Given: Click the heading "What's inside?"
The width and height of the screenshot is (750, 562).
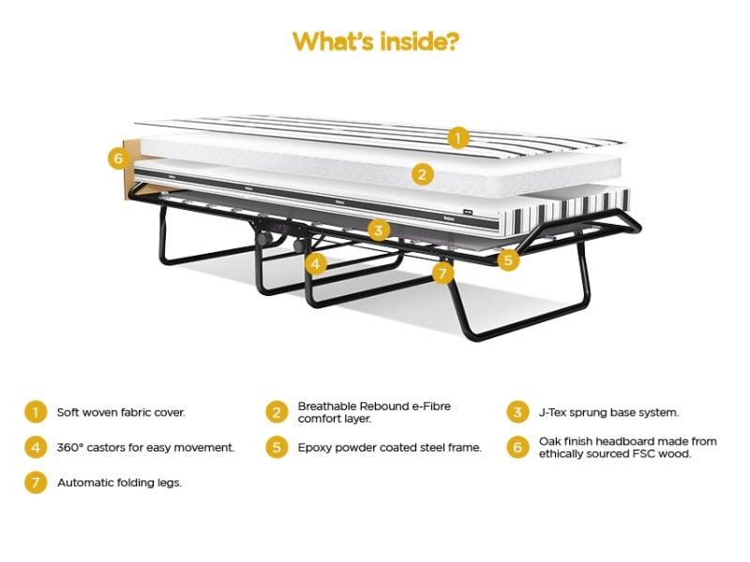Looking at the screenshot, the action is click(x=376, y=41).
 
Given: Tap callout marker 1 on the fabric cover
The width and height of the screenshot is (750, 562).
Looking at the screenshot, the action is click(x=458, y=138).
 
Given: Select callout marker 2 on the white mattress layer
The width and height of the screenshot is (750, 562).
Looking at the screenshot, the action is click(x=422, y=174).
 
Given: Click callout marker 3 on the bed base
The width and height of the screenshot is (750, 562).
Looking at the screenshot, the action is click(x=379, y=230).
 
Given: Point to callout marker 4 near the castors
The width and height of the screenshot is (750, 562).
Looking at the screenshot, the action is click(x=315, y=263).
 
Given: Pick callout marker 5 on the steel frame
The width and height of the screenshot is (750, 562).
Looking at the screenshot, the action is click(x=508, y=259).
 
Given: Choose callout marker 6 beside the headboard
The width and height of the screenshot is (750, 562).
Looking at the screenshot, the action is click(x=118, y=157).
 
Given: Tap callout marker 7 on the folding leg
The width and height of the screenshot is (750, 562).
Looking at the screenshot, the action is click(x=442, y=273).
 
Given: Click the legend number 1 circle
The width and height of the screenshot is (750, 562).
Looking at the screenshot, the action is click(x=36, y=412).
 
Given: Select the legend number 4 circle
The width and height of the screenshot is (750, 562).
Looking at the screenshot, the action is click(x=36, y=448).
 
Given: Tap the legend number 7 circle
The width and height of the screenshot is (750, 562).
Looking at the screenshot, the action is click(x=36, y=482).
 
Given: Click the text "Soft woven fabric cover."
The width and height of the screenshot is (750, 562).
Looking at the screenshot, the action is click(x=121, y=412).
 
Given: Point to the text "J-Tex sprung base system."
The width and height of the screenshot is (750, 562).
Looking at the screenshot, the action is click(x=608, y=412).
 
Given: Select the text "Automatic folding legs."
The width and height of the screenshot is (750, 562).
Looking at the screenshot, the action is click(x=120, y=482).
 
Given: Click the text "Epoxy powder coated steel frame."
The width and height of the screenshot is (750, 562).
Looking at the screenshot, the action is click(x=389, y=448).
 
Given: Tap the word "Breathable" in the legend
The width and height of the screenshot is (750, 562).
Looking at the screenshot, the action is click(x=327, y=407).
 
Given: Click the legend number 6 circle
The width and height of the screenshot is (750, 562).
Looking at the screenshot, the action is click(x=517, y=448).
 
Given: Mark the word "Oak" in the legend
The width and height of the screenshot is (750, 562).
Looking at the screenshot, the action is click(x=549, y=441).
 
